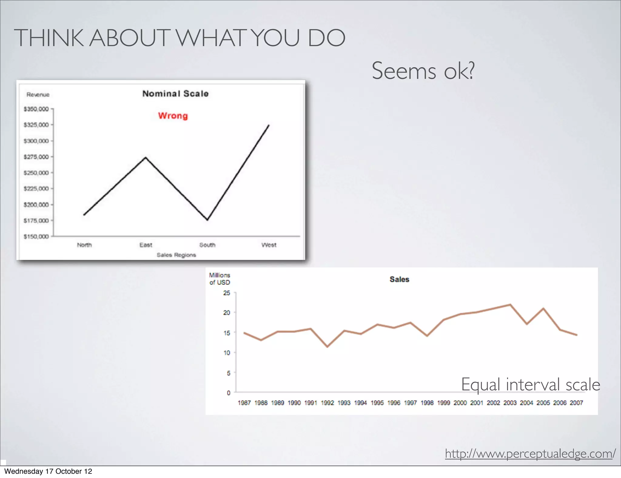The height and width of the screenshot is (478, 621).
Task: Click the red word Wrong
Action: tap(173, 116)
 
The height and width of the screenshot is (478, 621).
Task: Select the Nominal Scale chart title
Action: tap(175, 94)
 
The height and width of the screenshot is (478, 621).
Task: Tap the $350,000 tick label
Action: tap(36, 109)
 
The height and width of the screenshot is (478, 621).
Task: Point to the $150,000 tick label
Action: tap(36, 236)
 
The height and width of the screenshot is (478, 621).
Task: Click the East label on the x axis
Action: tap(146, 245)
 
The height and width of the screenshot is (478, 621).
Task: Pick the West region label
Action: tap(269, 245)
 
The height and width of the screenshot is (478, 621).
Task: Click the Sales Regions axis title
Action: tap(176, 255)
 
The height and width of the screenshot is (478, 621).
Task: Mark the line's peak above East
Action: tap(146, 157)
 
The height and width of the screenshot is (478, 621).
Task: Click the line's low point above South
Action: tap(207, 220)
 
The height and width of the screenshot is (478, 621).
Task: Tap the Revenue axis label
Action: tap(38, 95)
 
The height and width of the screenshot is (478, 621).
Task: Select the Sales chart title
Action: tap(399, 279)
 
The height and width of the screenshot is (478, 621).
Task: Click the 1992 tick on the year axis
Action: tap(327, 403)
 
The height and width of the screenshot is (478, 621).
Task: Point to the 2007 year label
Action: tap(576, 403)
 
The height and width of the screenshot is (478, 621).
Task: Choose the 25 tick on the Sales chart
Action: tap(227, 293)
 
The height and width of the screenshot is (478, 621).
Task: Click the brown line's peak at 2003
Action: tap(510, 305)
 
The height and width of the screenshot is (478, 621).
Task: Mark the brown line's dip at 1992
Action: tap(327, 347)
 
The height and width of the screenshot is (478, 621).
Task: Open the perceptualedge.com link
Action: tap(530, 453)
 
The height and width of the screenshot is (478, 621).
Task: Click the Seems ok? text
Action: tap(423, 71)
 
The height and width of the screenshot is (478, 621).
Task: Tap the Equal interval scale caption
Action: tap(530, 385)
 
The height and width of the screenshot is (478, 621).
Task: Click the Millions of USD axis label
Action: tap(220, 279)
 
